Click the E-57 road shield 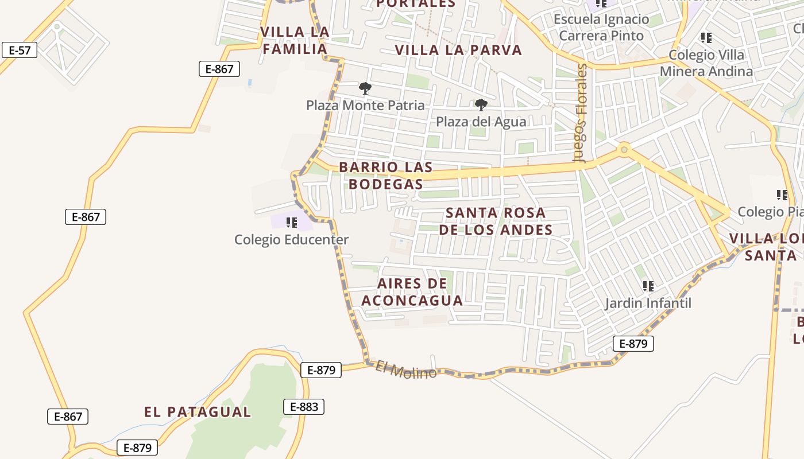(20, 50)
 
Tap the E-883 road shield (304, 407)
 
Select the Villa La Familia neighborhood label (295, 40)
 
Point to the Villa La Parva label (458, 50)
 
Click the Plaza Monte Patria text (365, 106)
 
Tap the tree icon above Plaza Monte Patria (365, 88)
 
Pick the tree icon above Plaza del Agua (481, 104)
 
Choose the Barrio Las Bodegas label (385, 176)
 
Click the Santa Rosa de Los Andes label (496, 221)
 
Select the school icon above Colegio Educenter (291, 222)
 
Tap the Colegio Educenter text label (291, 240)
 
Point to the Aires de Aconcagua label (412, 292)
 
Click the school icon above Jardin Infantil (648, 286)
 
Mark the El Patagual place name (197, 412)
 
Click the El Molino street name (406, 369)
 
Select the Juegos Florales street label (582, 114)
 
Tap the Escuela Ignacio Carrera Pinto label (601, 28)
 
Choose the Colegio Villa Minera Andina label (706, 63)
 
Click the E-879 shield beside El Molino (321, 370)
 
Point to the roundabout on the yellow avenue (624, 150)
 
